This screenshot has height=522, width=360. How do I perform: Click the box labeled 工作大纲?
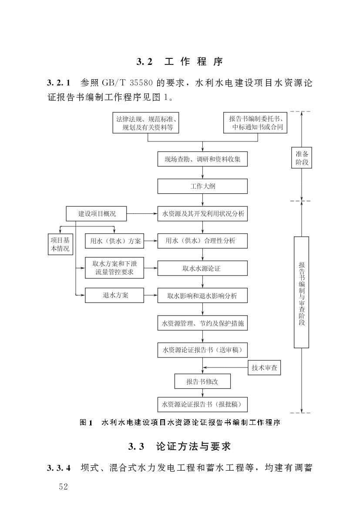click(202, 186)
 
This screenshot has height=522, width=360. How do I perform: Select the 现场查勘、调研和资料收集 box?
click(202, 159)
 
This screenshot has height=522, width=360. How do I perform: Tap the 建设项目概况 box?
click(97, 214)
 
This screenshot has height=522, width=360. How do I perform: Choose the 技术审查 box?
click(264, 367)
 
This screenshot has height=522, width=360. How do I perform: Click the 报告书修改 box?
click(202, 381)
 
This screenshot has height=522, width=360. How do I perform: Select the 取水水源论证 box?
click(202, 268)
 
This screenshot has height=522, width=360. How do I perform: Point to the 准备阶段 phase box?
click(302, 158)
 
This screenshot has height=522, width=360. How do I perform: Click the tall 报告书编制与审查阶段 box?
click(302, 292)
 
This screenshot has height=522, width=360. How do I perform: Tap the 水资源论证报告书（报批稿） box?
click(202, 404)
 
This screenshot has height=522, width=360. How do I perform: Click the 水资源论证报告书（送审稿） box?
click(202, 349)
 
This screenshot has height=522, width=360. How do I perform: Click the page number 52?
click(64, 487)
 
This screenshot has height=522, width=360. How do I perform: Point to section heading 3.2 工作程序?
click(179, 62)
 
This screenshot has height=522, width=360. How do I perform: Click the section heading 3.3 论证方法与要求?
click(179, 446)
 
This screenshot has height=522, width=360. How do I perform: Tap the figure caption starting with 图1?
click(179, 422)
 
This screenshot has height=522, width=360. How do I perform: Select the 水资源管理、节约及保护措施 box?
click(202, 323)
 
